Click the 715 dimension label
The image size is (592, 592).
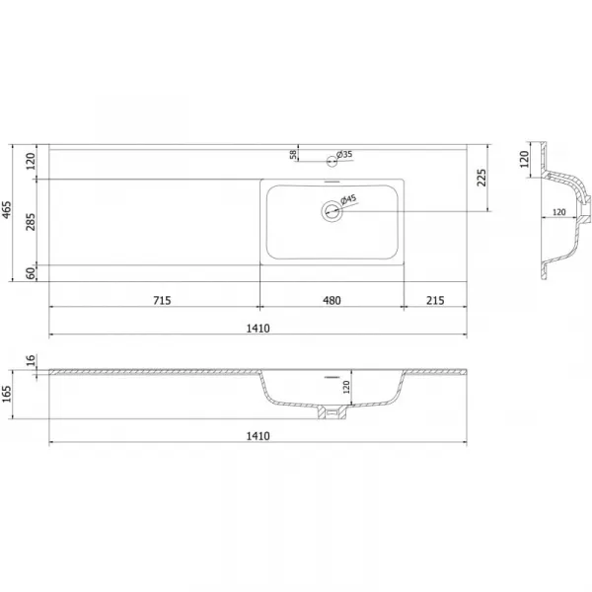point(162,301)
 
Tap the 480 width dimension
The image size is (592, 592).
point(332,301)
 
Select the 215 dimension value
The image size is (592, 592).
point(435,301)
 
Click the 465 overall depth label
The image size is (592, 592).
point(7,210)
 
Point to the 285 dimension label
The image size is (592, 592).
point(31,222)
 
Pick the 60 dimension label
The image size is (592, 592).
point(31,272)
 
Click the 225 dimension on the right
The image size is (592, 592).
point(481,178)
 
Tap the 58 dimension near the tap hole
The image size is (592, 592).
point(293,155)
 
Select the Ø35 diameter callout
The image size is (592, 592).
point(344,155)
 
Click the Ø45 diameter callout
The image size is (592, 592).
point(348,199)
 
